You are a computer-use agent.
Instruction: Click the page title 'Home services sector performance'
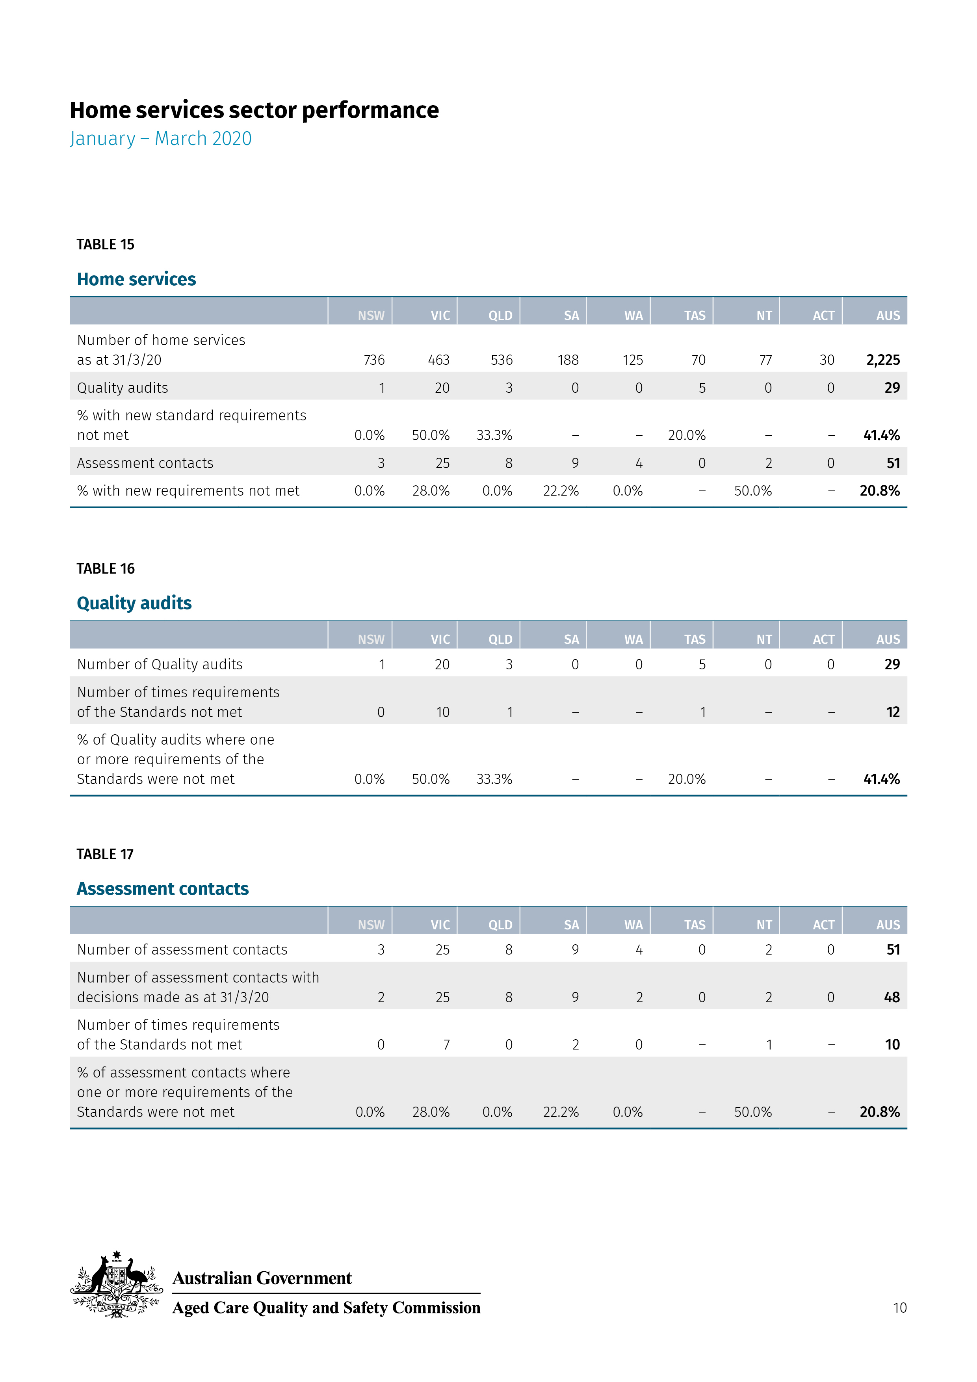click(x=254, y=110)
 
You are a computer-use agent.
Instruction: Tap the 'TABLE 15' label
click(x=105, y=244)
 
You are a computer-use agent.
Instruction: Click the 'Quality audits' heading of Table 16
click(x=134, y=603)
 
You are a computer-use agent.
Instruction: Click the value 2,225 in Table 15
click(x=882, y=360)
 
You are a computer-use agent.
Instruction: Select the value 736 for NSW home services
click(x=374, y=360)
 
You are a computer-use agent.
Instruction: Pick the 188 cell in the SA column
click(x=568, y=360)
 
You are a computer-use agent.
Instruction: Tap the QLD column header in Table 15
click(x=500, y=316)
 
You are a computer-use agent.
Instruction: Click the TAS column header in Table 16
click(x=695, y=639)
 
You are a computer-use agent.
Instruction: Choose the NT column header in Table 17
click(x=764, y=925)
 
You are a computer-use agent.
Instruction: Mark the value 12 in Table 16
click(x=893, y=712)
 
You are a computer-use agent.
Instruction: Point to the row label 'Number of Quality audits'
click(x=160, y=665)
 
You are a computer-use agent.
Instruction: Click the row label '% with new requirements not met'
click(x=188, y=491)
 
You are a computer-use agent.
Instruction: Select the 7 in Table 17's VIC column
click(x=446, y=1045)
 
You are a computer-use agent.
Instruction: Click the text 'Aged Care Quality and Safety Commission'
click(x=326, y=1308)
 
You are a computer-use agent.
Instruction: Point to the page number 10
click(x=899, y=1308)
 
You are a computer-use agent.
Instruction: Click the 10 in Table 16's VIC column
click(x=442, y=712)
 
